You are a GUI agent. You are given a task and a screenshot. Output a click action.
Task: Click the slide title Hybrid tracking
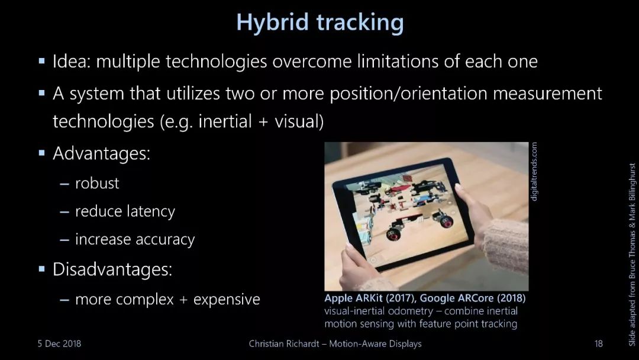pos(320,23)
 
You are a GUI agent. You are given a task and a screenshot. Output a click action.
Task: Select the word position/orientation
pos(408,94)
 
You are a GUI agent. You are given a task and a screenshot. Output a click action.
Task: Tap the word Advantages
pos(102,154)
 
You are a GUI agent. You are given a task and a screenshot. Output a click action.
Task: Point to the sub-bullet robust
pos(97,184)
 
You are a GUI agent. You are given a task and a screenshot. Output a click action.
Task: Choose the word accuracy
pos(165,240)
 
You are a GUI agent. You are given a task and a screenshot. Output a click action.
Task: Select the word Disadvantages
pos(112,269)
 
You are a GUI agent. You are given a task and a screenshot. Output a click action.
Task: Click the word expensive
pos(227,300)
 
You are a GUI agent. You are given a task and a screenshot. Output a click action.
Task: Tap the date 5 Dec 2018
pos(60,343)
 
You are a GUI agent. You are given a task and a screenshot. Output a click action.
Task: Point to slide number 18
pos(598,343)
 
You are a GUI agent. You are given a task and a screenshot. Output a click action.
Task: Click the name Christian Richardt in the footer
pos(284,343)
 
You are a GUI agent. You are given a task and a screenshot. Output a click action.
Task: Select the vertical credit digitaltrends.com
pos(534,171)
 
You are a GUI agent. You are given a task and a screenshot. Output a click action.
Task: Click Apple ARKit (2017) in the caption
pos(370,298)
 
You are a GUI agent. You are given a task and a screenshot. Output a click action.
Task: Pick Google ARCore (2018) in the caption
pos(473,298)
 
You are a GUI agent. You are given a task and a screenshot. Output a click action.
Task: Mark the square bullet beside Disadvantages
pos(41,269)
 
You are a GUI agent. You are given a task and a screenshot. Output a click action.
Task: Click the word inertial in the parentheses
pos(225,121)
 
